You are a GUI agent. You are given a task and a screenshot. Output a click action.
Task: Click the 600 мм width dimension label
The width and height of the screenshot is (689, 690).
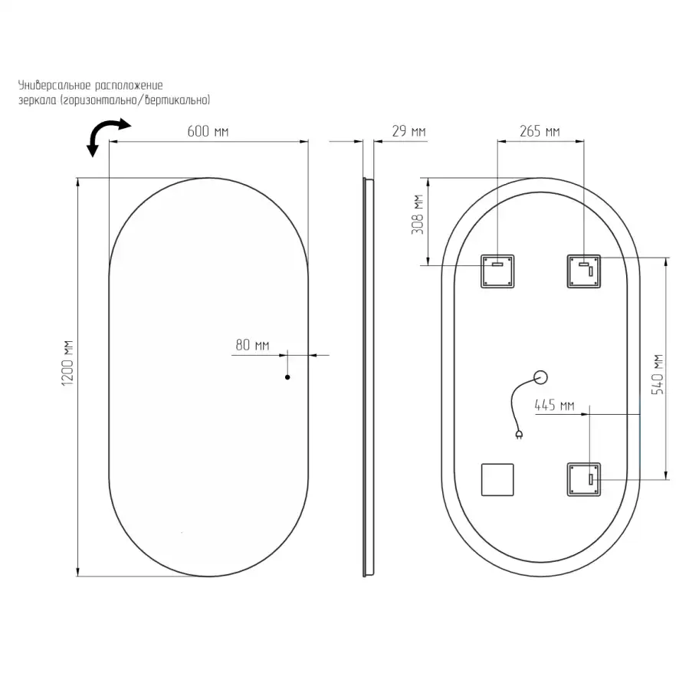[208, 131]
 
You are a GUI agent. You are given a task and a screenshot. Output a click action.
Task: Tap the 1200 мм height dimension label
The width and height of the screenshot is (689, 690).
[67, 363]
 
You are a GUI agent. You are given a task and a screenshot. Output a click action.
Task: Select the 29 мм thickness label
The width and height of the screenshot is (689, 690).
[408, 131]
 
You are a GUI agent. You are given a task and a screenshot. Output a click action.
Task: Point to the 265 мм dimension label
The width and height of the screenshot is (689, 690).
[540, 131]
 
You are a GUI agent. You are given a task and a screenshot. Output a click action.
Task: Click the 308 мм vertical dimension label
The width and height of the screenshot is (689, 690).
[418, 215]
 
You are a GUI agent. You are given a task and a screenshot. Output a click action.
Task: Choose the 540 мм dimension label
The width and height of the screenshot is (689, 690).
[658, 374]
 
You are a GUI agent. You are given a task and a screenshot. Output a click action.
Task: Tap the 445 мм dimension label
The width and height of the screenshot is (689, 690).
[554, 405]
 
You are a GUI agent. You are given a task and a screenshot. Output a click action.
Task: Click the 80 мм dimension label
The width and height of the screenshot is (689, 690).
[252, 344]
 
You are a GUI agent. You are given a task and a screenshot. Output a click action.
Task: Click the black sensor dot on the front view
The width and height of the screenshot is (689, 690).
[287, 377]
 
